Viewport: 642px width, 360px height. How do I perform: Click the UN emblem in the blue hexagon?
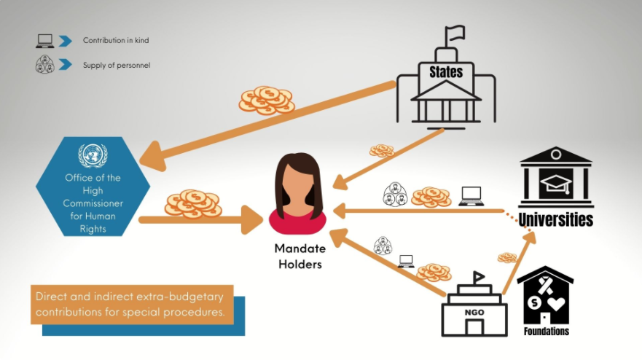(93, 155)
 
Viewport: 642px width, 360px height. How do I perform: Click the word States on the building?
(446, 72)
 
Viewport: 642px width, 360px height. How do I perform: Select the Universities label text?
(556, 219)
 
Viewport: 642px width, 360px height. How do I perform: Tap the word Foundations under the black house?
(546, 332)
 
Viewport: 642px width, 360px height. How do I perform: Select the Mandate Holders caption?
(300, 256)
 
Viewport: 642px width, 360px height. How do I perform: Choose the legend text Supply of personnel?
(117, 66)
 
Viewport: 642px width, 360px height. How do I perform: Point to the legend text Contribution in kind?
(116, 41)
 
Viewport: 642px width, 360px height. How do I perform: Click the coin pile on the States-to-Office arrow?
(266, 101)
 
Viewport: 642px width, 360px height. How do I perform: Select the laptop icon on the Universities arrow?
(471, 195)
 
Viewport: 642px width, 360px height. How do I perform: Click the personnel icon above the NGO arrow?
(383, 246)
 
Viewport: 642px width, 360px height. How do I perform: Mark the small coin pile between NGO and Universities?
(507, 257)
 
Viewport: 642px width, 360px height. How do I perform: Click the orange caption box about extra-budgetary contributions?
(132, 304)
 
